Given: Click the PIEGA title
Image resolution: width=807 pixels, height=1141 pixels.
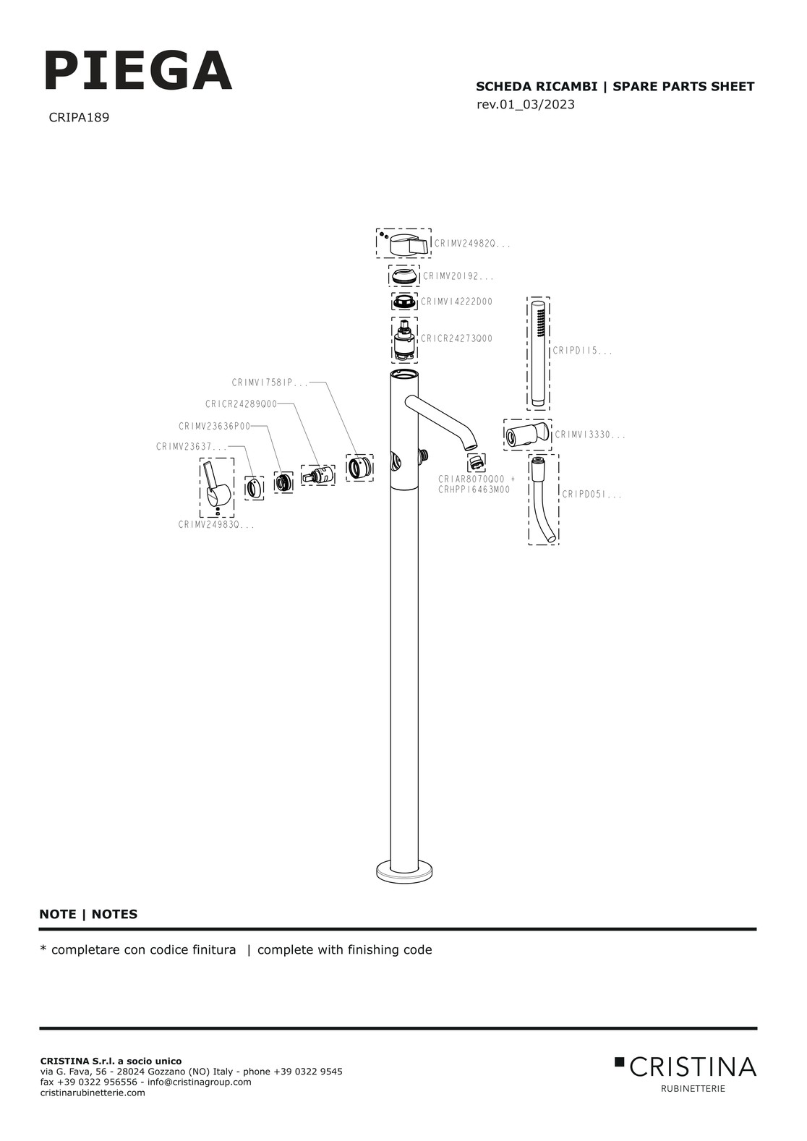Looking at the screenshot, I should coord(138,72).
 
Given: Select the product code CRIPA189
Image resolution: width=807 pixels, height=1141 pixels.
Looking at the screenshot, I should coord(79,117).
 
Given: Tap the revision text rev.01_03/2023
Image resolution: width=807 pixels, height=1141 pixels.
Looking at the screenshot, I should coord(526,105).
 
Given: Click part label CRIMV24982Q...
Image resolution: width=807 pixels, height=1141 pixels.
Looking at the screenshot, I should coord(472,244).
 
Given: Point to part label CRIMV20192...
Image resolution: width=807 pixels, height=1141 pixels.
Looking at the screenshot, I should coord(458,276).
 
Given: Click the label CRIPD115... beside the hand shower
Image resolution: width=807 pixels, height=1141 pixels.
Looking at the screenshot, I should coord(582,351).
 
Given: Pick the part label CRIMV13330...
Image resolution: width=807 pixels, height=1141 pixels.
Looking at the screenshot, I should coord(589,435).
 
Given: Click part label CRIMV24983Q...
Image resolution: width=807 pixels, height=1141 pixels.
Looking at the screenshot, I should coord(216,526).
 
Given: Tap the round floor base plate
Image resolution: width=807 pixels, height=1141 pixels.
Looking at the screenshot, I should coord(404,872).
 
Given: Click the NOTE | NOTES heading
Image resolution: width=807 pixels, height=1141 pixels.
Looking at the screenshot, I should coord(88,914).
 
